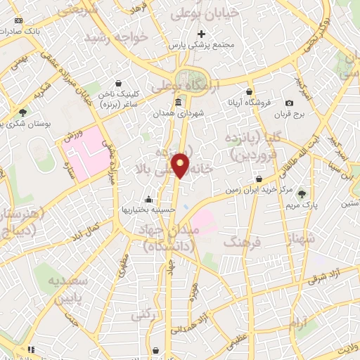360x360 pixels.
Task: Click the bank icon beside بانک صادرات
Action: coord(18,21)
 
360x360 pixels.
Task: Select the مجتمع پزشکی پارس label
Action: coord(200,44)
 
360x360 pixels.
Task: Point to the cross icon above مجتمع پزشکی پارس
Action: coord(201,34)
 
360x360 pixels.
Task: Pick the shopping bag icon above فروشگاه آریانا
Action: coord(249,91)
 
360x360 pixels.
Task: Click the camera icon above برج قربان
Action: coord(290,103)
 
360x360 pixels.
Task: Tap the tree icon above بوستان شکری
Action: coord(23,112)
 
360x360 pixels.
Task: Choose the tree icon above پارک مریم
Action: coord(302,193)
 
